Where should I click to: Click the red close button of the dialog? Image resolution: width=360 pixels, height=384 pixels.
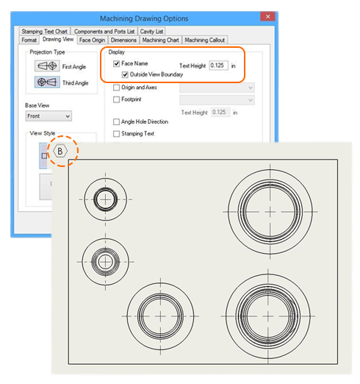click(x=267, y=16)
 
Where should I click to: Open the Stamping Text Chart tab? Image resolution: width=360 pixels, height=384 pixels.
click(x=45, y=32)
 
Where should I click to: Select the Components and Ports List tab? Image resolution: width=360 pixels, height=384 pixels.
click(x=104, y=32)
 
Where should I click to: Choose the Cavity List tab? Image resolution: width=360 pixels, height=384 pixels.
click(x=151, y=32)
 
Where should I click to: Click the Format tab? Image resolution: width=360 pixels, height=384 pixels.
click(x=29, y=40)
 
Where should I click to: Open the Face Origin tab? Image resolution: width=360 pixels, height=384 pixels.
click(x=92, y=40)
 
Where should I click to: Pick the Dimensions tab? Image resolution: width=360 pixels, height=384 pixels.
click(x=123, y=40)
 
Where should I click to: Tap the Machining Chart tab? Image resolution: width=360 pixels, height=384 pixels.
click(x=161, y=40)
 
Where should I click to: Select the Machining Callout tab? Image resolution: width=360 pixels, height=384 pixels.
click(x=205, y=40)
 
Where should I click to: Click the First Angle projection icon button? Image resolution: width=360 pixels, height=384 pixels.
click(x=47, y=66)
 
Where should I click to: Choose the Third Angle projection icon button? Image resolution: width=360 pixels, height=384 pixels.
click(x=47, y=82)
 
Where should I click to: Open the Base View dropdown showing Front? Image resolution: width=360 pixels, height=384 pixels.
click(x=48, y=116)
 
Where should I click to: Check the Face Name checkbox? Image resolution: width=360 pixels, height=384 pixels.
click(x=116, y=64)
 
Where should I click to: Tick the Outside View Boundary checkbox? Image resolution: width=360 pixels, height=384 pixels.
click(x=125, y=74)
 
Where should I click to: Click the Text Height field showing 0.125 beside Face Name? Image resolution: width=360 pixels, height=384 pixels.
click(x=218, y=65)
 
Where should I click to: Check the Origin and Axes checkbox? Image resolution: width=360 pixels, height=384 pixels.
click(x=116, y=88)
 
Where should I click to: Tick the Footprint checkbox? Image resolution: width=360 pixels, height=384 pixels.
click(x=116, y=99)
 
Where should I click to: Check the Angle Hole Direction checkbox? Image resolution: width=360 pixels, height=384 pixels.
click(x=116, y=121)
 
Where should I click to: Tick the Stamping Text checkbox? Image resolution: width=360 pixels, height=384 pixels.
click(x=116, y=134)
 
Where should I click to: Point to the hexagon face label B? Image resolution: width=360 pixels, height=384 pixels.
click(x=60, y=151)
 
